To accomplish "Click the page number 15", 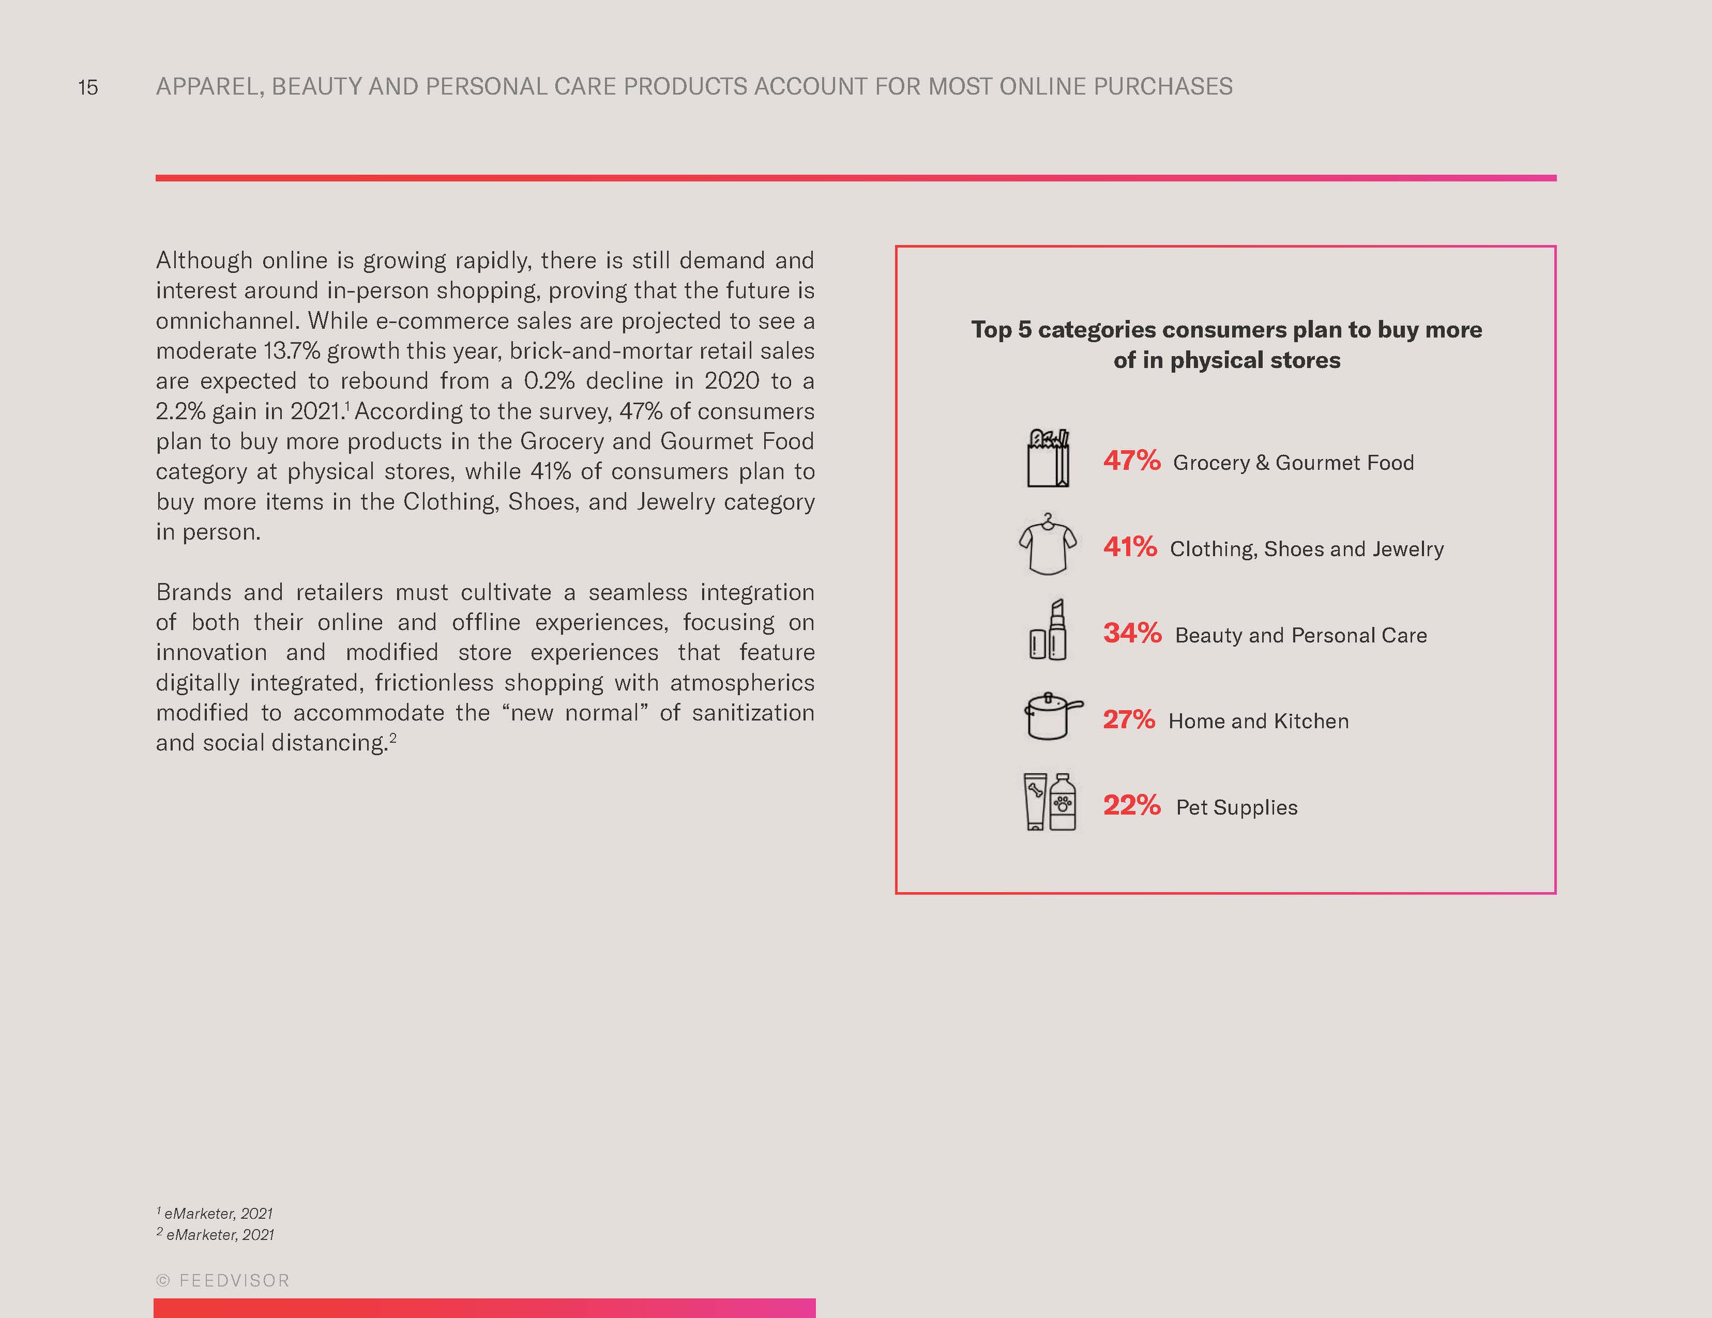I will click(x=88, y=87).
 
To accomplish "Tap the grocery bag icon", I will click(x=1048, y=458).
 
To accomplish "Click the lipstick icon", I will click(x=1048, y=631).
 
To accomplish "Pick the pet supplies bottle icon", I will click(x=1050, y=802).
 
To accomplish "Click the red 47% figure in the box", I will click(x=1131, y=460).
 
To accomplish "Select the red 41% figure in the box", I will click(x=1130, y=546).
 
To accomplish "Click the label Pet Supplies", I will click(x=1236, y=807).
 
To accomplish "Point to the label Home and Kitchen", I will click(x=1258, y=721).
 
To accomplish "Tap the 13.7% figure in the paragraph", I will click(x=292, y=350).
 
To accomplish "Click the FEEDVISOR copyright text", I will click(x=223, y=1280).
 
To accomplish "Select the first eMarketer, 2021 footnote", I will click(x=216, y=1213).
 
